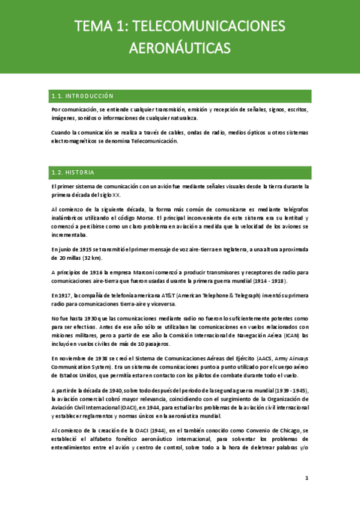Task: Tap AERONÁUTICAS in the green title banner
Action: click(x=180, y=46)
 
